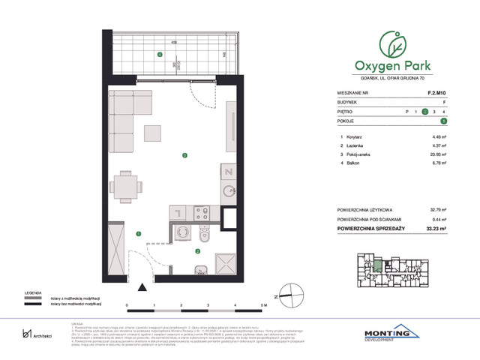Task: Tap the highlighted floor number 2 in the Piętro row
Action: (x=424, y=112)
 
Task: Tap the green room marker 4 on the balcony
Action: (x=158, y=55)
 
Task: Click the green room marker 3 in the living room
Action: (x=184, y=155)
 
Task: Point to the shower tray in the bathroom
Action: (x=226, y=264)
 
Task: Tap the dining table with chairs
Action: (x=125, y=186)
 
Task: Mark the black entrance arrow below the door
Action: (x=141, y=286)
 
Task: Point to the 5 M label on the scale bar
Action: (x=262, y=307)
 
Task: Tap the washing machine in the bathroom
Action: (x=182, y=235)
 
